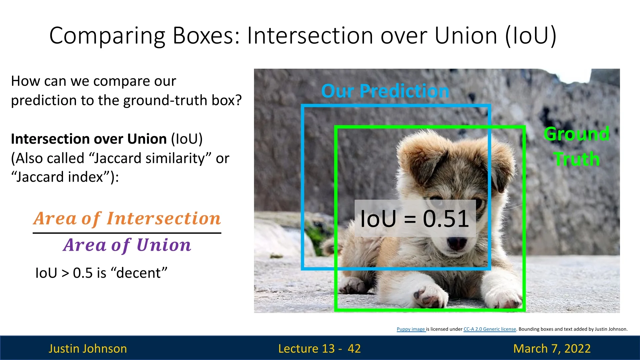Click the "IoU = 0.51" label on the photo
[415, 219]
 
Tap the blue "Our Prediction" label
[385, 91]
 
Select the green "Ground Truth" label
[577, 146]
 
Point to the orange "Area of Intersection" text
[127, 219]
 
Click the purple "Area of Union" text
[127, 245]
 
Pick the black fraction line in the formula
[127, 233]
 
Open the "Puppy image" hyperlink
[411, 329]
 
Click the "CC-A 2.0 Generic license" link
[490, 329]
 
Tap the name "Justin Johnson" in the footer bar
[88, 348]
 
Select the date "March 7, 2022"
[552, 348]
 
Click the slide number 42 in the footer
[354, 348]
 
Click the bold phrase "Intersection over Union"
[89, 139]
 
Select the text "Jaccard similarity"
[149, 158]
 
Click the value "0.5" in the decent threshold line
[83, 273]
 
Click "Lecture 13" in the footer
[306, 348]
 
